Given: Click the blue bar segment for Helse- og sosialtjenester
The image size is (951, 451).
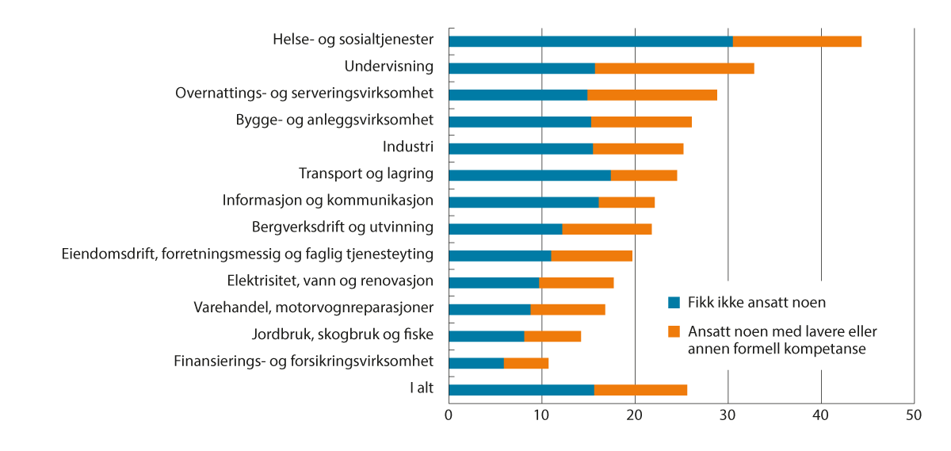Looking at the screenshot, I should tap(590, 41).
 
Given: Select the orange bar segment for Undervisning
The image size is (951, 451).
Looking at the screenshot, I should tap(674, 68).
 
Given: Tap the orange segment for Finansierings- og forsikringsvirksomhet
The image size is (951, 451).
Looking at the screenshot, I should tap(526, 363).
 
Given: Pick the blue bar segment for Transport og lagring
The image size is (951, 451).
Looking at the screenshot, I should tap(529, 175).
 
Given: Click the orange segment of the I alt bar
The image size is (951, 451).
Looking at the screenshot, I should tap(640, 390).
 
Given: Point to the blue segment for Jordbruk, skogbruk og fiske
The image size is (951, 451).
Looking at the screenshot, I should tap(487, 336).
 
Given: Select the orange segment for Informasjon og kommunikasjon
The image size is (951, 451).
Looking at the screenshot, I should tap(627, 202).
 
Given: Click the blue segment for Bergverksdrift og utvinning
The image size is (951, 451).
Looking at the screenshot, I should tap(506, 229).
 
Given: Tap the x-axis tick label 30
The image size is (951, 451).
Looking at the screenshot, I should tap(728, 415).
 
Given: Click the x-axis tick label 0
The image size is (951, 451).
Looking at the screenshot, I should tap(449, 415).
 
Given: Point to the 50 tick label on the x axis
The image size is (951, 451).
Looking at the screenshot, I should tap(914, 415).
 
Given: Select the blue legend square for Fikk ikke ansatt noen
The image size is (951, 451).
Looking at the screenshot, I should tap(674, 302).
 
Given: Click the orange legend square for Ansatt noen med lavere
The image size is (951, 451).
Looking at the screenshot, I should tap(674, 331).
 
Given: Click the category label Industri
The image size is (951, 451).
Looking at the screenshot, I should tap(408, 147).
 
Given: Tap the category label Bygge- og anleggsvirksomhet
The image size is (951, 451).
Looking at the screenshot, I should tap(334, 120).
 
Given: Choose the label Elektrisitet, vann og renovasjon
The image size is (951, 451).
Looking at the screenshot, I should tap(330, 281).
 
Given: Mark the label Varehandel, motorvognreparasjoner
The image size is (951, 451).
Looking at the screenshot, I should tap(314, 308).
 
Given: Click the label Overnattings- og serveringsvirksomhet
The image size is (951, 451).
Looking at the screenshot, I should tap(304, 94).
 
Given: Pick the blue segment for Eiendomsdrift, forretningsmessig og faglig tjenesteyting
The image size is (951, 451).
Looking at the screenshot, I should tap(500, 255).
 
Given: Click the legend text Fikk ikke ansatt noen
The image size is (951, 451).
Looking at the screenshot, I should tap(746, 302).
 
